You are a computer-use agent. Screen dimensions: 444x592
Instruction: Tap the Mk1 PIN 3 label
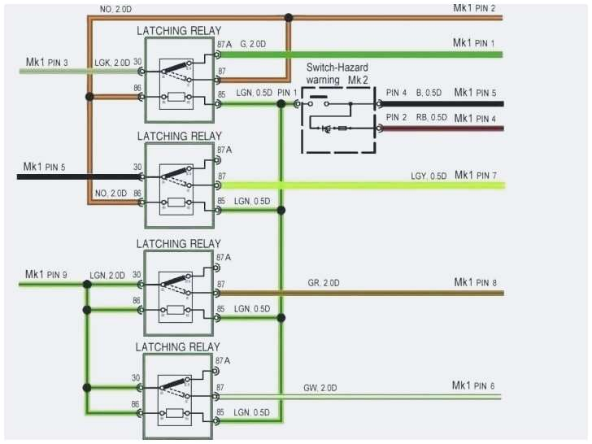47,62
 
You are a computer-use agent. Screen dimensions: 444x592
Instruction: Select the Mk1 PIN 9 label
47,274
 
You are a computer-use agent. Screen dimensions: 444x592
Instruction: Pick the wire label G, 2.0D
253,46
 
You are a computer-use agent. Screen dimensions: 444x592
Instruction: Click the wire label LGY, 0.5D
429,176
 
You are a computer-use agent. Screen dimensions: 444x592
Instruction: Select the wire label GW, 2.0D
321,387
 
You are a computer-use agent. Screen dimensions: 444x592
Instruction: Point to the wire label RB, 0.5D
431,118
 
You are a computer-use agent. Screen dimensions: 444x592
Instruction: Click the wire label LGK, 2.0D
112,63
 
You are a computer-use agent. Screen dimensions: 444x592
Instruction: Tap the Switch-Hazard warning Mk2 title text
339,75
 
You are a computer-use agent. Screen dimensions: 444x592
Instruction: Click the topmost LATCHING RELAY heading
178,31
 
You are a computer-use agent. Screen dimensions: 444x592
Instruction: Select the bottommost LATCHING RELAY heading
178,347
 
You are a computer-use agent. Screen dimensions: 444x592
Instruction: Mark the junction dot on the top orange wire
288,17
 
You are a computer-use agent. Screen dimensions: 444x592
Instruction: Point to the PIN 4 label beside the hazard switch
397,93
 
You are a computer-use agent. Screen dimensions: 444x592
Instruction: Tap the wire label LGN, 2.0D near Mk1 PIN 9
107,276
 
